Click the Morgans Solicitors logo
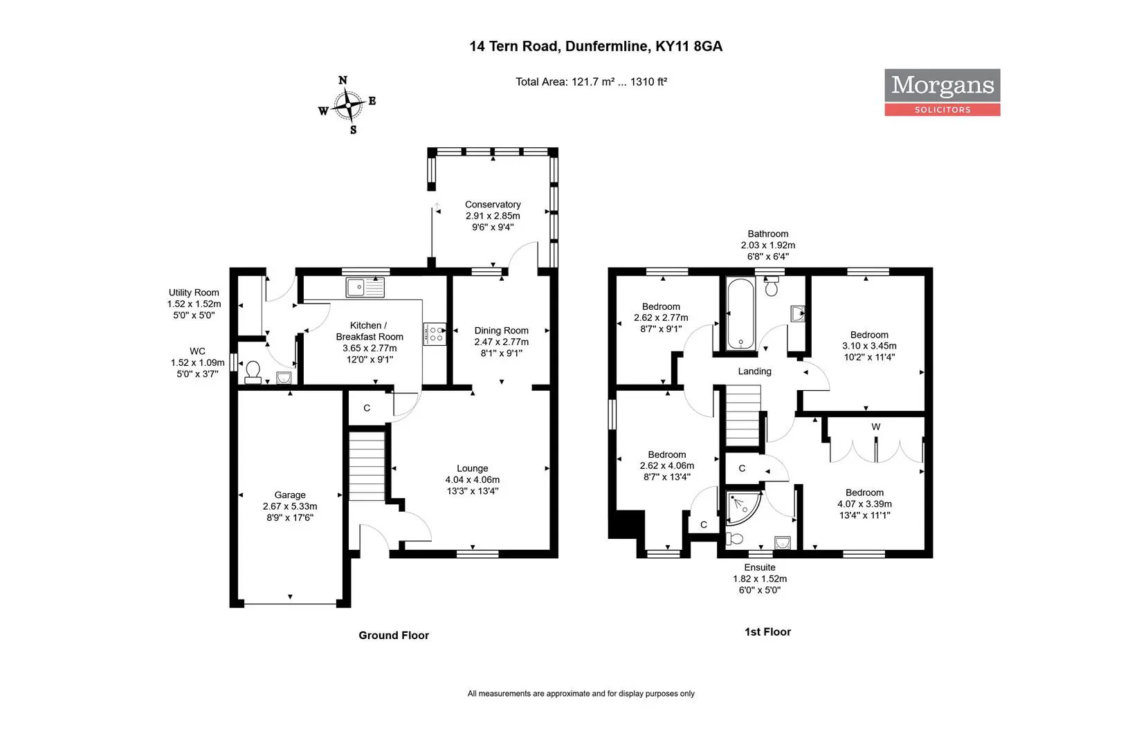pos(942,93)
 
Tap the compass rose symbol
pos(348,106)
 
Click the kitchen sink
pos(365,287)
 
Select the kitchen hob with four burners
pos(435,333)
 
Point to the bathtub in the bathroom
pos(740,314)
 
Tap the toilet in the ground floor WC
pos(253,372)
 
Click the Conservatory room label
pos(493,205)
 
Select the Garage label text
pos(290,495)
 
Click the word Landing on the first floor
pos(755,371)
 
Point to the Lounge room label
pos(473,468)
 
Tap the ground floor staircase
pos(367,465)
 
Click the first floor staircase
pos(743,415)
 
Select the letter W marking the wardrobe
pos(876,427)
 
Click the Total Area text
pos(592,82)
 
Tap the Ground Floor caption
pos(394,636)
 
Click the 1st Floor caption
pos(767,632)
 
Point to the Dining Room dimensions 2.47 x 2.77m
pos(502,342)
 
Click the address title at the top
pos(596,46)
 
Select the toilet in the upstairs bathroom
pos(771,286)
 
